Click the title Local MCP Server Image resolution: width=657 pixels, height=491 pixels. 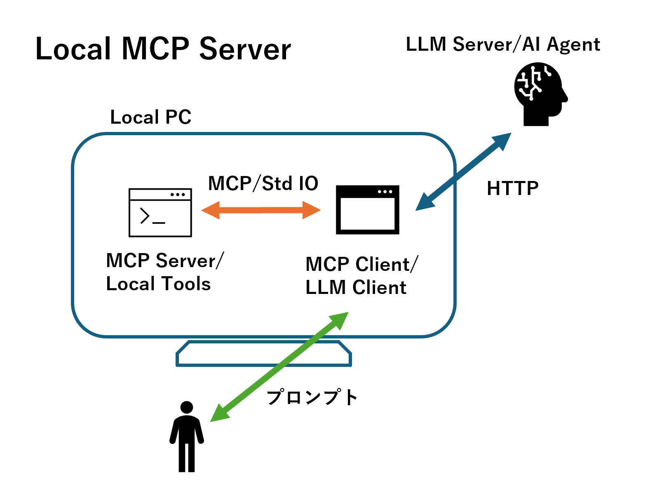tap(163, 49)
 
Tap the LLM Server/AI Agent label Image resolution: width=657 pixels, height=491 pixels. tap(502, 45)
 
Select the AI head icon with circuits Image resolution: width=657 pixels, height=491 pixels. tap(540, 93)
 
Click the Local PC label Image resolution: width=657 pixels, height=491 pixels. tap(151, 117)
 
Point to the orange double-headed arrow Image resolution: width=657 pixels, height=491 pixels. tap(261, 210)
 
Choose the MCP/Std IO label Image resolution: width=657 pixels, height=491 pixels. tap(263, 183)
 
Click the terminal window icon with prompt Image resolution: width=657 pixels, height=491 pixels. tap(160, 213)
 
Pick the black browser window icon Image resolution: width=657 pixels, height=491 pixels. tap(368, 210)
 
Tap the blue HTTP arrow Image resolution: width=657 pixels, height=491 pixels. tap(463, 171)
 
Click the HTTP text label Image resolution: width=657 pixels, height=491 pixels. tap(512, 188)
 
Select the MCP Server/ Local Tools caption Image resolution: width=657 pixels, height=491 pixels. tap(164, 272)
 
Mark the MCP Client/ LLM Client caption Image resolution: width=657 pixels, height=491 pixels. tap(361, 275)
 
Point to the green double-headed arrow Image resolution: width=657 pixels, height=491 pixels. tap(279, 366)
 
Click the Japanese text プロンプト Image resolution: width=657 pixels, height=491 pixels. tap(312, 397)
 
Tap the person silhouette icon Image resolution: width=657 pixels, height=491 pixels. tap(187, 437)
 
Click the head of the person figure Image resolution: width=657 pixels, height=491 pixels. tap(187, 407)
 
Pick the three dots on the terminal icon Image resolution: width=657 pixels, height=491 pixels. tap(178, 194)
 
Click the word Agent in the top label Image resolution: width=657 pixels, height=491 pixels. tap(573, 45)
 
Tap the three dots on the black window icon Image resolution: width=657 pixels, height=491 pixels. tap(385, 192)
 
